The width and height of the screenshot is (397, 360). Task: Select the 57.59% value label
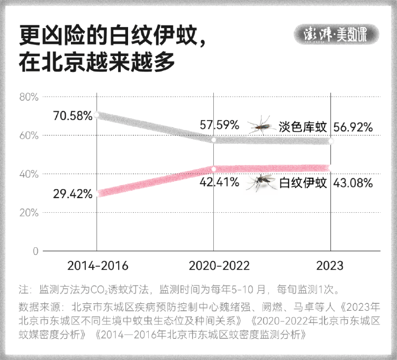[220, 125]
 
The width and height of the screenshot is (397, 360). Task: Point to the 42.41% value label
[220, 183]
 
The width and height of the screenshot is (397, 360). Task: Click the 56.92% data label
[353, 127]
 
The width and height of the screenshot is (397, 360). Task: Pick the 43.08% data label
[353, 183]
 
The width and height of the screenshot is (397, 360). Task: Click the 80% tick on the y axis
[29, 97]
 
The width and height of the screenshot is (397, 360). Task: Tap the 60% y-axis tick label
[29, 136]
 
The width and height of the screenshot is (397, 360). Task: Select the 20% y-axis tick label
[29, 212]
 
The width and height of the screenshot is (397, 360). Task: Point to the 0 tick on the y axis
[35, 251]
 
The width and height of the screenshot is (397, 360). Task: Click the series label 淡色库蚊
[302, 127]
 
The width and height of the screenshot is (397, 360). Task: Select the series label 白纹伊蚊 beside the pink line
[302, 183]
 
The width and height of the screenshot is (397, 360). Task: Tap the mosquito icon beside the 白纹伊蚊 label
[261, 182]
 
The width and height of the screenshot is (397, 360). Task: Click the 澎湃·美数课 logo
[337, 35]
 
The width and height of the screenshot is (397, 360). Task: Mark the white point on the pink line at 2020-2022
[214, 169]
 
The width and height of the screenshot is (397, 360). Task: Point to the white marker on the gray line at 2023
[331, 141]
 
